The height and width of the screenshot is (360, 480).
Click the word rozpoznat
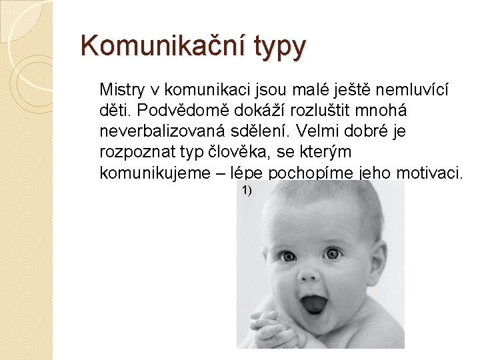coord(137,152)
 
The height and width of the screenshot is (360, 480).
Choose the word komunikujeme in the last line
coord(155,173)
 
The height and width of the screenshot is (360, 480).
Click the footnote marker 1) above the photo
coord(247,191)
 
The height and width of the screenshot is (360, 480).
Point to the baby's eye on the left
coord(287,257)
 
